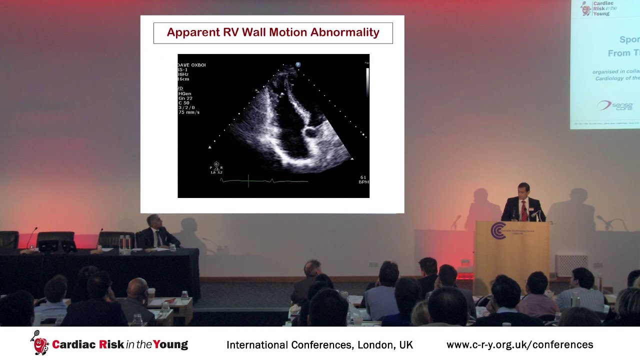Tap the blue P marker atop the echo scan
coord(298,64)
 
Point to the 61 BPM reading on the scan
coord(363,179)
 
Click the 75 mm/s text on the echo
coord(189,112)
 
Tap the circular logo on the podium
coord(497,230)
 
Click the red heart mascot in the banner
coord(39,343)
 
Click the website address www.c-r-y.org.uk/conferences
coord(519,344)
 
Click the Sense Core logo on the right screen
coord(614,105)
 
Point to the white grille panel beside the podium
coord(571,265)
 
